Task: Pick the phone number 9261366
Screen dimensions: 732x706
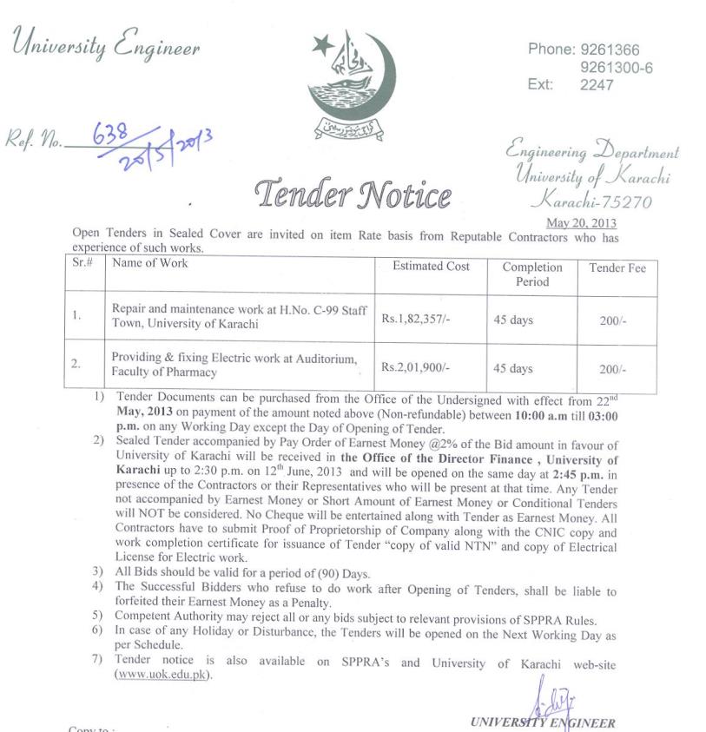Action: pyautogui.click(x=610, y=50)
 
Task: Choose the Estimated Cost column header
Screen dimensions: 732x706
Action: pyautogui.click(x=431, y=267)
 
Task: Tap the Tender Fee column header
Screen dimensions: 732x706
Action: pyautogui.click(x=617, y=267)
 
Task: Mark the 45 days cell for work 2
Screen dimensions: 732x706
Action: pyautogui.click(x=512, y=368)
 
